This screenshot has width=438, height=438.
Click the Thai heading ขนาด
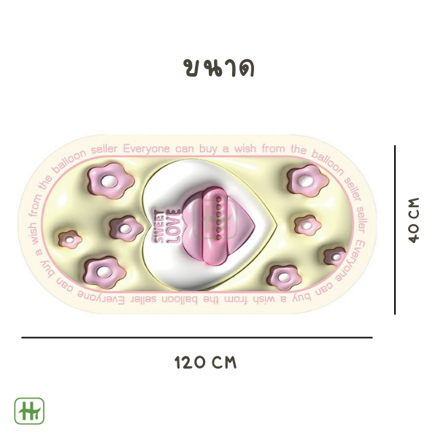[x=219, y=68]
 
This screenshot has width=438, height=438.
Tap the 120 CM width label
[x=206, y=363]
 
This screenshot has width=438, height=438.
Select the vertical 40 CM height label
[x=414, y=220]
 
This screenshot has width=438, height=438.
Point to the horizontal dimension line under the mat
[x=197, y=337]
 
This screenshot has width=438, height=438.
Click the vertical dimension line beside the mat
[x=395, y=230]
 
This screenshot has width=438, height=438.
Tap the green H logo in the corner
[x=29, y=411]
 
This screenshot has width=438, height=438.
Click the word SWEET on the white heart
[x=159, y=226]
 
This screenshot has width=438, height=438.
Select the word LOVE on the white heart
[x=174, y=226]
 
